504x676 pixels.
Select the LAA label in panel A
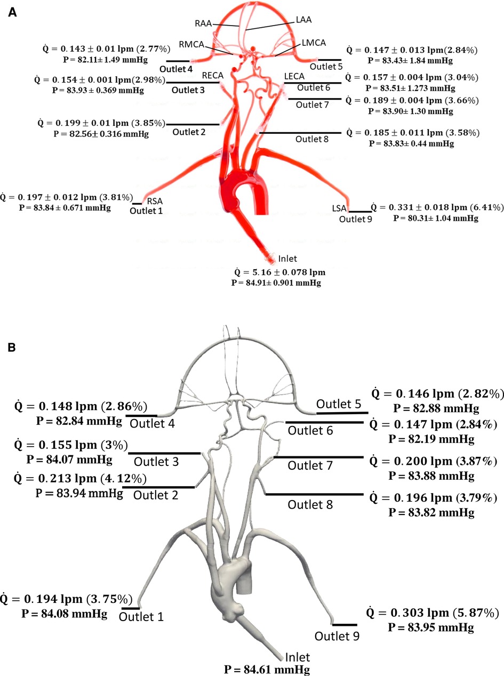303,20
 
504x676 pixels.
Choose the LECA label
294,77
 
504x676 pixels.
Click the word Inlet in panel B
298,657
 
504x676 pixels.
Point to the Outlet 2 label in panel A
189,132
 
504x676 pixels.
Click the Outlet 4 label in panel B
155,423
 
